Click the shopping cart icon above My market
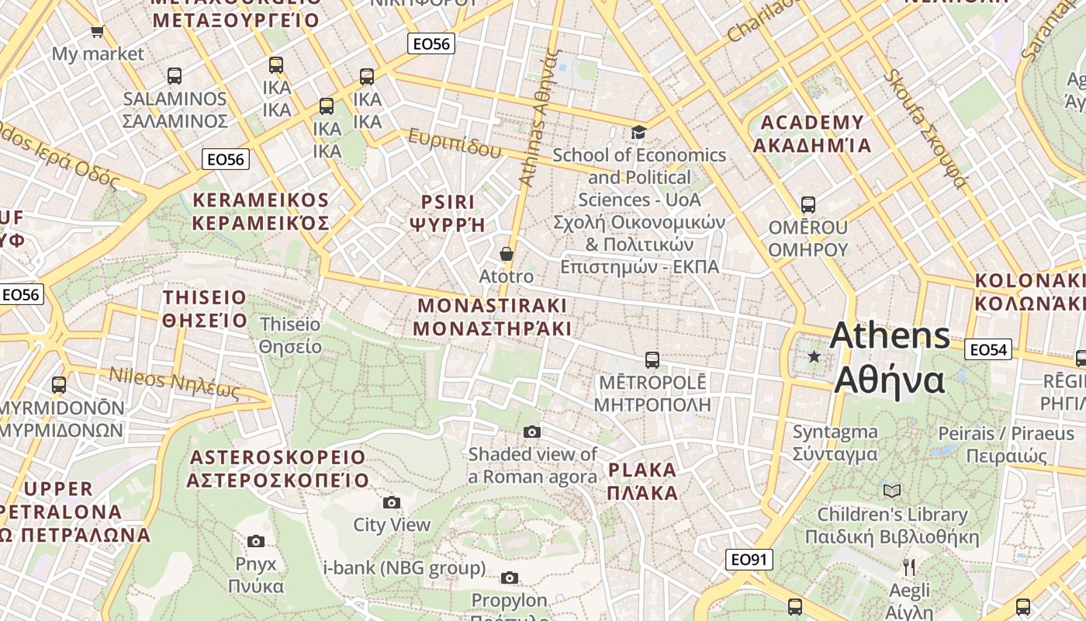tap(97, 32)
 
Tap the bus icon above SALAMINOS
tap(175, 76)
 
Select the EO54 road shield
tap(988, 350)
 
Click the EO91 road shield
tap(749, 560)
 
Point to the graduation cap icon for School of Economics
tap(638, 133)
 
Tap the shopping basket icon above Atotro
tap(507, 254)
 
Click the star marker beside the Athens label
tap(814, 357)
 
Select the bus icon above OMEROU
tap(808, 205)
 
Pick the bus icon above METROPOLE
tap(652, 360)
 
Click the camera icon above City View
tap(392, 502)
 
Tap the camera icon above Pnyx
tap(256, 541)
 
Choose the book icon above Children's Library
tap(892, 491)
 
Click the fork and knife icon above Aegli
tap(910, 567)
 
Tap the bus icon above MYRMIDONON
tap(59, 384)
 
